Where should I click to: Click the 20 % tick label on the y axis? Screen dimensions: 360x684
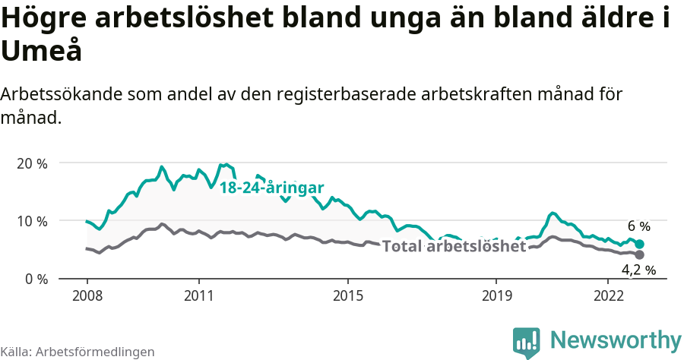click(31, 163)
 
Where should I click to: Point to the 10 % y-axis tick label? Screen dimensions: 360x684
click(31, 221)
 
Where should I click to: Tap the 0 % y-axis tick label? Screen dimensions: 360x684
click(35, 279)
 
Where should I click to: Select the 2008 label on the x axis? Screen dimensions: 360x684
click(87, 295)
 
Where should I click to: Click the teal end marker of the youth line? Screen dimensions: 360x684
click(639, 244)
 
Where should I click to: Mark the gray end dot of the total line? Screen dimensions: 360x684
click(639, 254)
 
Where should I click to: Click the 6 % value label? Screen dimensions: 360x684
click(638, 226)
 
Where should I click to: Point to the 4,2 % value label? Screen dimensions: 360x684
click(638, 270)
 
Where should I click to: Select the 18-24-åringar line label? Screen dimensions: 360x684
click(272, 188)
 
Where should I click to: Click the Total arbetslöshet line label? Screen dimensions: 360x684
click(454, 247)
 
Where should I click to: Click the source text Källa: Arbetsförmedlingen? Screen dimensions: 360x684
click(78, 352)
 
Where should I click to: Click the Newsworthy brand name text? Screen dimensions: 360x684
click(616, 339)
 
